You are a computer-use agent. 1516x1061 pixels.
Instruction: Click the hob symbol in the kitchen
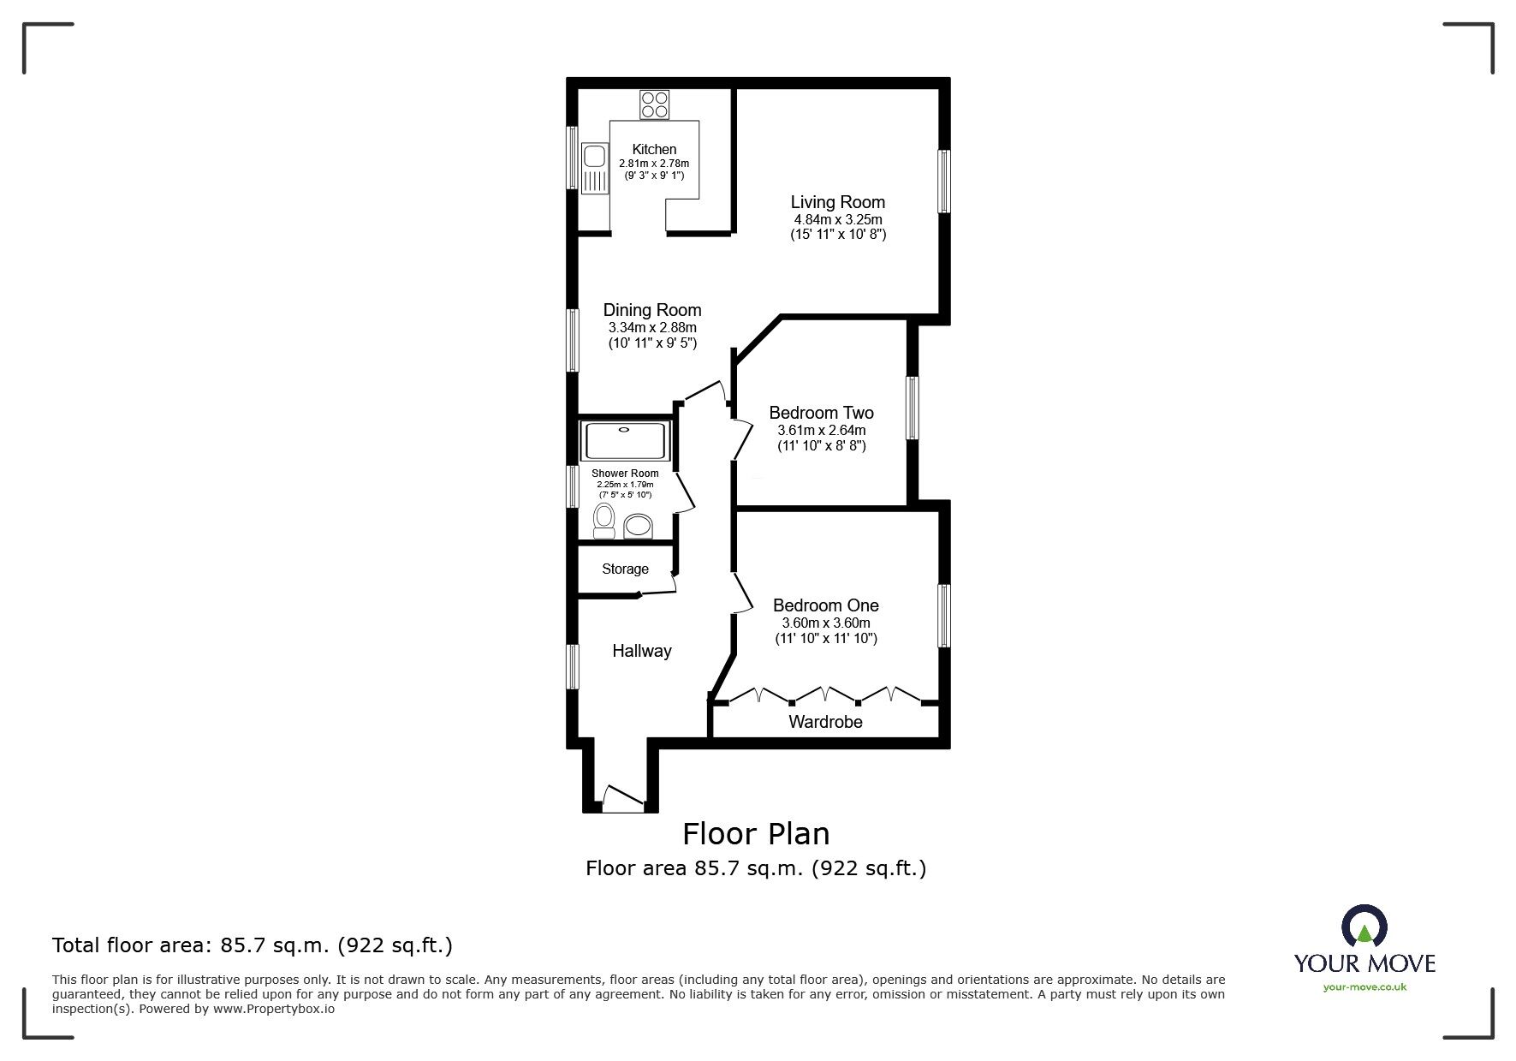tap(655, 104)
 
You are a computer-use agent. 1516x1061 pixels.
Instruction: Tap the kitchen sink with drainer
tap(592, 169)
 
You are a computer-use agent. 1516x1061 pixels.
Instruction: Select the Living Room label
tap(837, 202)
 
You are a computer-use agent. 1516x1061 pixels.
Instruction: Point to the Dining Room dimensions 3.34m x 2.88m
tap(651, 327)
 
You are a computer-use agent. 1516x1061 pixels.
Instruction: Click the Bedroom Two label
tap(821, 413)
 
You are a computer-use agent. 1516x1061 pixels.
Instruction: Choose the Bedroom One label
tap(825, 605)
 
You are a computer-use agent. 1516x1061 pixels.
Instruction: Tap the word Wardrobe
tap(825, 722)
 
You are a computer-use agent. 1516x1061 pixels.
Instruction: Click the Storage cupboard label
tap(625, 569)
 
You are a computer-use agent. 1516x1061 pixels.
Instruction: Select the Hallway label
tap(641, 651)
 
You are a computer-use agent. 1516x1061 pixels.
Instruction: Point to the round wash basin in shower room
tap(639, 525)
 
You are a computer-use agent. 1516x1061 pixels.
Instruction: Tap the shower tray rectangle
tap(625, 441)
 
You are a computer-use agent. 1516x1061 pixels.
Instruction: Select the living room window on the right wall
tap(943, 181)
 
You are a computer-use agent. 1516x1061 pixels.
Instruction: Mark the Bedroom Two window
tap(913, 408)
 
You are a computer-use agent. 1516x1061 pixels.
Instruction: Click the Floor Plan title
tap(755, 833)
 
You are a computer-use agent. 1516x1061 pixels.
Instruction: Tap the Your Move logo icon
tap(1364, 928)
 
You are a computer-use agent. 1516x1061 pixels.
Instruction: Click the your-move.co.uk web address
tap(1364, 987)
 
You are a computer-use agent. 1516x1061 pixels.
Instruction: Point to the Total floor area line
tap(253, 945)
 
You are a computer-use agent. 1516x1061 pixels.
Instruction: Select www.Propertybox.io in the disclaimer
tap(274, 1009)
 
